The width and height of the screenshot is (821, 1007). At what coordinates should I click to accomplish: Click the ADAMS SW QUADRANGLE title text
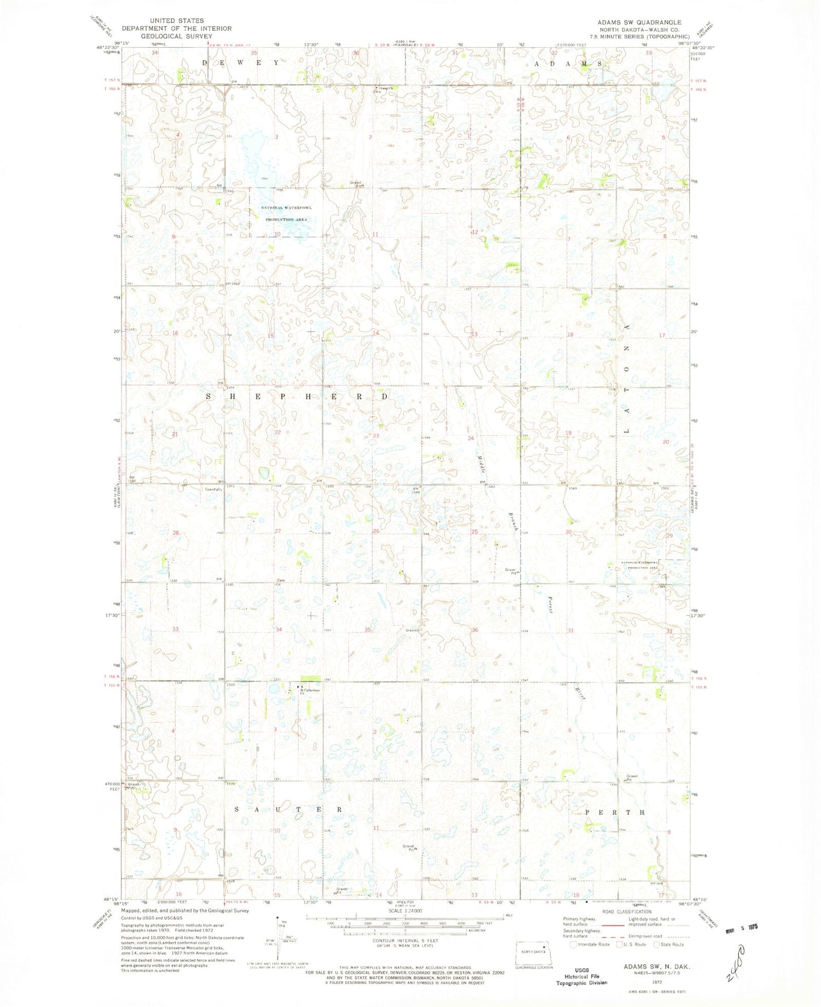pyautogui.click(x=639, y=22)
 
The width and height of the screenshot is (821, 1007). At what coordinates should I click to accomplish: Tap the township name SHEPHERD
pyautogui.click(x=298, y=396)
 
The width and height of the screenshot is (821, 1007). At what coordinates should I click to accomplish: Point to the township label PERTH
pyautogui.click(x=615, y=812)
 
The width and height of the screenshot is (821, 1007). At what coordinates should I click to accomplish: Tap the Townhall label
pyautogui.click(x=212, y=489)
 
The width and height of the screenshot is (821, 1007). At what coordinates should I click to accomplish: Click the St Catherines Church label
pyautogui.click(x=308, y=691)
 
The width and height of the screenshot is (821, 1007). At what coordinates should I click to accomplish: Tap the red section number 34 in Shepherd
pyautogui.click(x=279, y=629)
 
